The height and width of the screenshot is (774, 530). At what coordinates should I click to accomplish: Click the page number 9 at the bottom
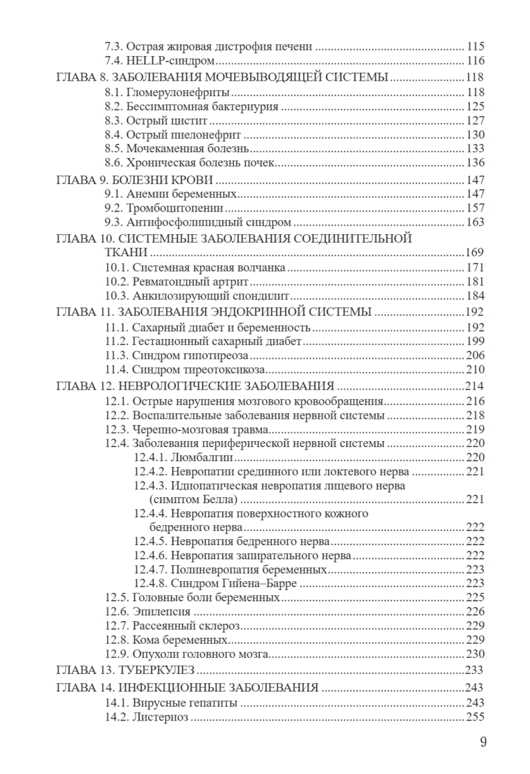pyautogui.click(x=483, y=742)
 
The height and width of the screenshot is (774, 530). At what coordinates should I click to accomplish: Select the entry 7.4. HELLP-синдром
pyautogui.click(x=159, y=61)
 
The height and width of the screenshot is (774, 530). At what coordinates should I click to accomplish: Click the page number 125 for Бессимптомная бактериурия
pyautogui.click(x=475, y=106)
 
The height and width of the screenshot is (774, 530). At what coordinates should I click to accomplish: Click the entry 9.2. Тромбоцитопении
pyautogui.click(x=164, y=208)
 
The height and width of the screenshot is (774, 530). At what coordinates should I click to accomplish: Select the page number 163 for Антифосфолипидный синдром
pyautogui.click(x=475, y=223)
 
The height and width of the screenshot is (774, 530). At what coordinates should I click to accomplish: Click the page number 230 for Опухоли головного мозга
pyautogui.click(x=475, y=654)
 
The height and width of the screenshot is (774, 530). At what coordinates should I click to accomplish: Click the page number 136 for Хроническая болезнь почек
pyautogui.click(x=475, y=163)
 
